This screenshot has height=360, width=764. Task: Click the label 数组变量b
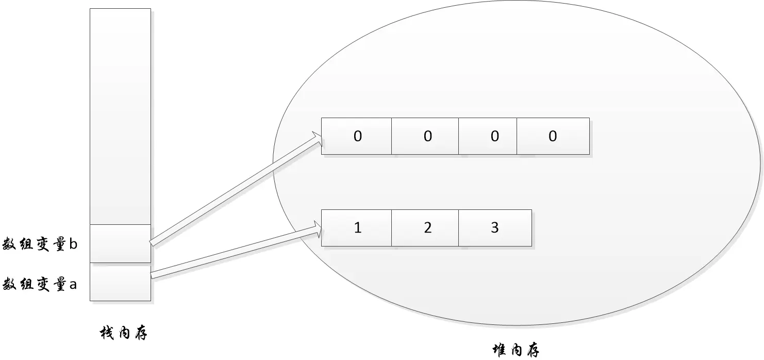(40, 244)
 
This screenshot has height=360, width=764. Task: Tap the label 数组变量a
(40, 284)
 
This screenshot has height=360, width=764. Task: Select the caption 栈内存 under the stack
(123, 334)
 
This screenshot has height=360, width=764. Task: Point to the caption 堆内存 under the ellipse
(516, 351)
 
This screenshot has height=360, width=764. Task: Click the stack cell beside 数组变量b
(120, 243)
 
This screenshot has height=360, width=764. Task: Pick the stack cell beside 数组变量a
(120, 283)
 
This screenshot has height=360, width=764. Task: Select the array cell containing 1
(357, 228)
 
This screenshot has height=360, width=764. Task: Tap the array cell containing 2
(425, 228)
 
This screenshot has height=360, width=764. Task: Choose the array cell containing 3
(495, 228)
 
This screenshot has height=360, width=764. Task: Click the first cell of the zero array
(357, 136)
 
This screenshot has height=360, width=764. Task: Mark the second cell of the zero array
(425, 136)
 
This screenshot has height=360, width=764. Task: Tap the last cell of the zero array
(553, 136)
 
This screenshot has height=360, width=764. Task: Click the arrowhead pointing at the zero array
(315, 137)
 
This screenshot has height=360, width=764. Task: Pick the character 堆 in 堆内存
(499, 351)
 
